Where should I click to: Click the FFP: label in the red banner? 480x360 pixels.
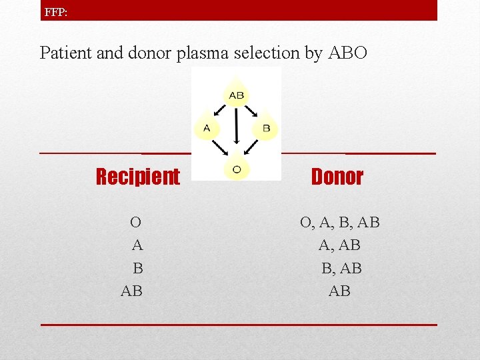55,11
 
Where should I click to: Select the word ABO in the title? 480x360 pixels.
347,53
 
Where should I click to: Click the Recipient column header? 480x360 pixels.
137,177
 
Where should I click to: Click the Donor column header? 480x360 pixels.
337,177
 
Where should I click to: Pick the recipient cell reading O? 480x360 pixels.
135,222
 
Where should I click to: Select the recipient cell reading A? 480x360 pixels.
137,245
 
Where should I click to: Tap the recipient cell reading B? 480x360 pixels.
138,268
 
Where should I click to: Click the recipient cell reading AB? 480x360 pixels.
131,291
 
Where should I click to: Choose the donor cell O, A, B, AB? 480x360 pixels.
339,222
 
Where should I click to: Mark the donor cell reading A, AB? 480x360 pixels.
339,245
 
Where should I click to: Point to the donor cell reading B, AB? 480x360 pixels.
341,268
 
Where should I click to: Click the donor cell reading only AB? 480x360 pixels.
339,291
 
